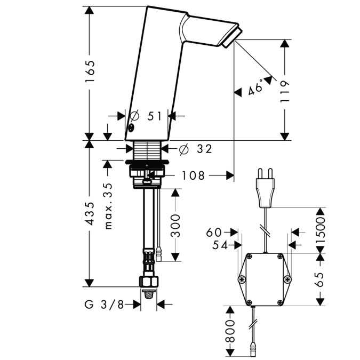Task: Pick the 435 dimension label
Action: click(x=90, y=213)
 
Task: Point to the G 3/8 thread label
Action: click(x=105, y=305)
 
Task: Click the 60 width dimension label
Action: click(x=214, y=232)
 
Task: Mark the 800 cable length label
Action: click(x=231, y=332)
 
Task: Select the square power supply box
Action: click(x=265, y=278)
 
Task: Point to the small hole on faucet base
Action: click(x=130, y=128)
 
